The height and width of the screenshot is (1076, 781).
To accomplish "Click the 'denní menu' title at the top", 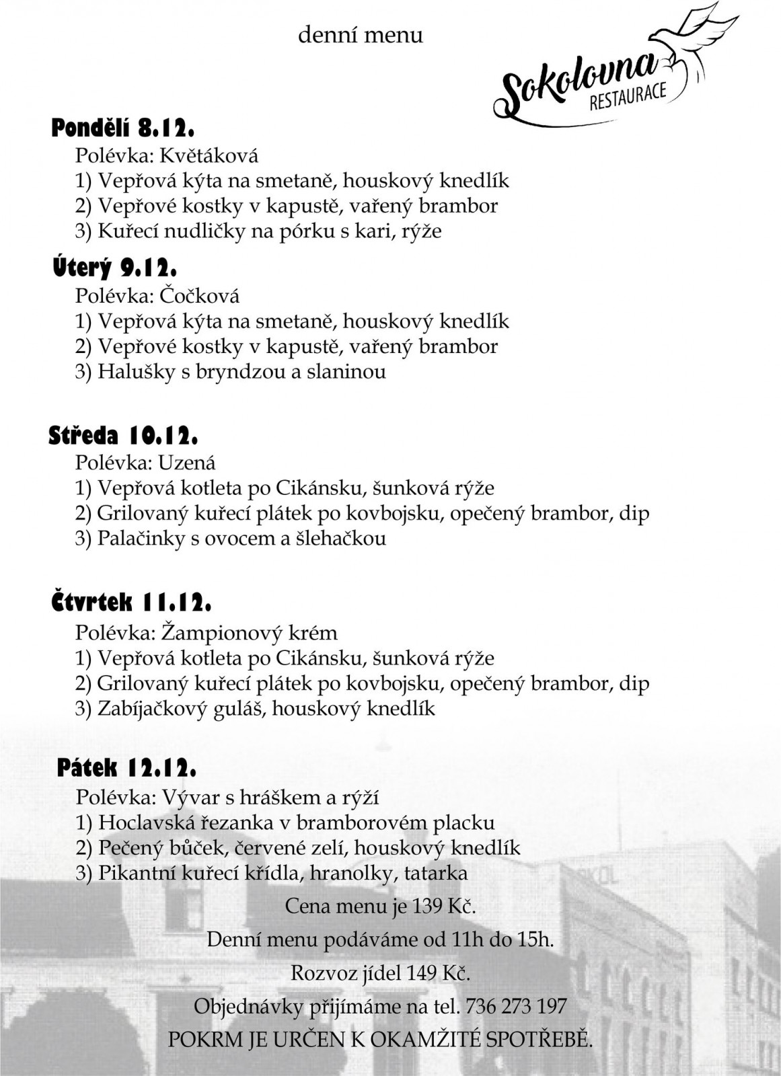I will coord(361,35).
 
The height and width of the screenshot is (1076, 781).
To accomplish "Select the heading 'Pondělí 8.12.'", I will coord(123,128).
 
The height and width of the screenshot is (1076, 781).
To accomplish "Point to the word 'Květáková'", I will coord(209,156).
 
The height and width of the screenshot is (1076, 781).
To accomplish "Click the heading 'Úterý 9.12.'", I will coord(115,268).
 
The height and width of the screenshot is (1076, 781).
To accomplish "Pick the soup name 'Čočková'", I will coord(200,296).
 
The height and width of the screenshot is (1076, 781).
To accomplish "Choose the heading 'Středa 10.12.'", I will coord(123,436).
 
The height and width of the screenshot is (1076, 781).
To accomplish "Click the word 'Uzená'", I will coord(188,463).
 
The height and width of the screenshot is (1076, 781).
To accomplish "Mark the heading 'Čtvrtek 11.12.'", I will coord(131,603).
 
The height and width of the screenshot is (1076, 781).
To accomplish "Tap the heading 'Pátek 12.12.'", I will coord(127,767).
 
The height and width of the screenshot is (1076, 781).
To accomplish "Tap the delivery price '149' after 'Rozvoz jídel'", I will coord(423,973).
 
